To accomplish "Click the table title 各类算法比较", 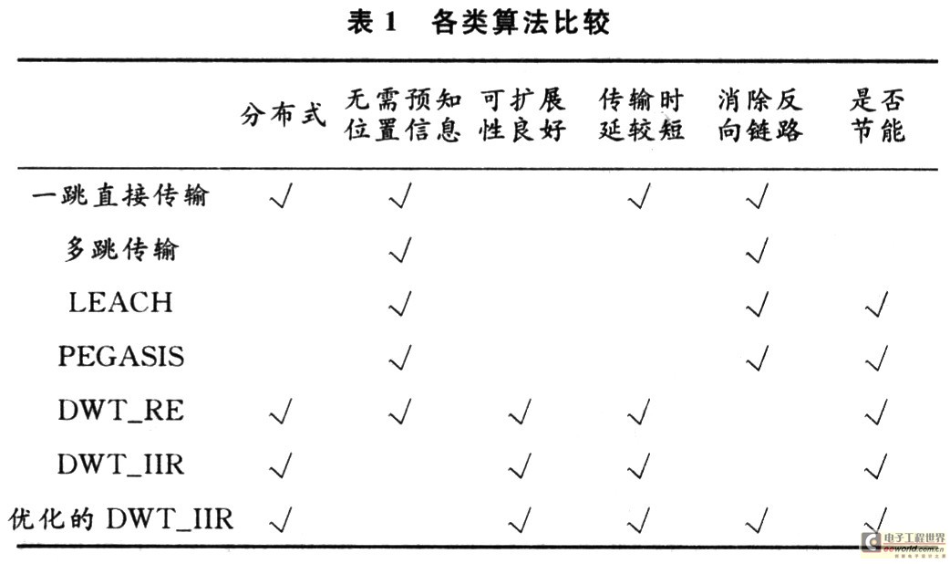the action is (521, 23).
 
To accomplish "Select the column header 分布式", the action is (283, 115).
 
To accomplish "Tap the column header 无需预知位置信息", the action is (403, 115).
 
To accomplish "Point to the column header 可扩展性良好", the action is (522, 115).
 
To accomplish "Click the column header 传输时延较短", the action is (642, 115).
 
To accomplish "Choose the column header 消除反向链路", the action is (760, 115).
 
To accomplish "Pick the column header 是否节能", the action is (878, 115).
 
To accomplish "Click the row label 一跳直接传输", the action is (120, 195).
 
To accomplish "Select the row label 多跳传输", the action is (122, 248).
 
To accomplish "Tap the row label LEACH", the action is (120, 303).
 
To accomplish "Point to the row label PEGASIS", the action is (121, 356).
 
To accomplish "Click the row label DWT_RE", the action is (121, 411).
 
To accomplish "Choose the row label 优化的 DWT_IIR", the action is (121, 519).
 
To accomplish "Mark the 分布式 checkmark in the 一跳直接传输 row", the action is (281, 195).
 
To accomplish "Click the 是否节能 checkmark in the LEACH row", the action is (877, 303).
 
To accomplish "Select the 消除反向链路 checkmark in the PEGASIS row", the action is (758, 357).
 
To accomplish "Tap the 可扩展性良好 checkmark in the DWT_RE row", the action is (520, 412).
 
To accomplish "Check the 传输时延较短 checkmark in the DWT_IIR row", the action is (639, 465).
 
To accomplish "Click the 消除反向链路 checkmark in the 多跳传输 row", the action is (758, 249).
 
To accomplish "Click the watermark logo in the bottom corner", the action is (904, 543).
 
